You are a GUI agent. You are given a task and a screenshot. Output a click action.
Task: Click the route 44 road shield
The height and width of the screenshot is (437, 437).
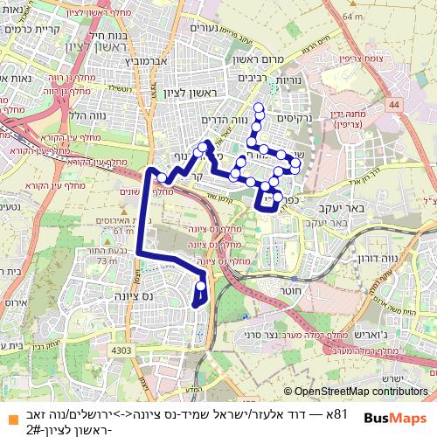(394, 104)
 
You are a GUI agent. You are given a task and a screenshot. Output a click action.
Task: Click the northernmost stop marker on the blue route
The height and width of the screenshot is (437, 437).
(258, 109)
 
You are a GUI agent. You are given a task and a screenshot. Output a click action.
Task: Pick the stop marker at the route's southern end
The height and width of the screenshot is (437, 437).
(202, 285)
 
